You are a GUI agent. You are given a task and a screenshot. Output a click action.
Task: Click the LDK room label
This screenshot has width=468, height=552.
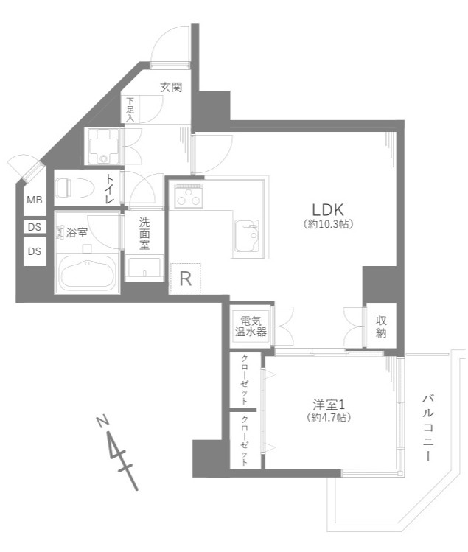point(328,210)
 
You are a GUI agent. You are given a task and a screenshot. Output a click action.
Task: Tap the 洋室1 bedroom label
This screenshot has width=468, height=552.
point(329,405)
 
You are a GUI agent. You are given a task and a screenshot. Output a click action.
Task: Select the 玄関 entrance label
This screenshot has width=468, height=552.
point(171,87)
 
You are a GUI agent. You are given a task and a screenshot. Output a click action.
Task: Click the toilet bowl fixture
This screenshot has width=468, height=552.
point(75,188)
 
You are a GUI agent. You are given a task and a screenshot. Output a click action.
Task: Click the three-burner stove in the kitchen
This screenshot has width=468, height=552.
point(189,196)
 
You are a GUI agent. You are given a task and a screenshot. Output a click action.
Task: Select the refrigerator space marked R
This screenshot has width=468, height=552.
point(185,278)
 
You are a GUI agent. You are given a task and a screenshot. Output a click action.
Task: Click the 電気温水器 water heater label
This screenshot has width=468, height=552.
point(251,326)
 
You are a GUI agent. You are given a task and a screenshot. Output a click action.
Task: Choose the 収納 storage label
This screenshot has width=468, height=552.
point(381,326)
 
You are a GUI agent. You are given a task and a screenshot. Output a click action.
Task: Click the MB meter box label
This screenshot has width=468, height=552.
point(35,200)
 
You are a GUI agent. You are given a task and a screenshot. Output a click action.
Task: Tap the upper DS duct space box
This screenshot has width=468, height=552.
point(35,227)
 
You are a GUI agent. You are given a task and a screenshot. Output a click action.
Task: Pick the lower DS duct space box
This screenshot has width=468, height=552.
point(35,251)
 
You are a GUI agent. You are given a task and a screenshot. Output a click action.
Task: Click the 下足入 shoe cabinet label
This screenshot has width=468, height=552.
point(130,110)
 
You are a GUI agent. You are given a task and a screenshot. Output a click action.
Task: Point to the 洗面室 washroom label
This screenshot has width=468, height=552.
point(144,234)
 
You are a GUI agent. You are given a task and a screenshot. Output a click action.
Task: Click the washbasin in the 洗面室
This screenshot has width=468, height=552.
point(144,268)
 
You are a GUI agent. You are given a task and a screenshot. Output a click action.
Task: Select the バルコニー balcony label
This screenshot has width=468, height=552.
point(428,427)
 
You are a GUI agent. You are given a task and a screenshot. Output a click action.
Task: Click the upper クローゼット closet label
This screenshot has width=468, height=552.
point(245,380)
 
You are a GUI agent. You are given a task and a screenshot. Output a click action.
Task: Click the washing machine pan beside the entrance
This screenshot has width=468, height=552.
point(103,147)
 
